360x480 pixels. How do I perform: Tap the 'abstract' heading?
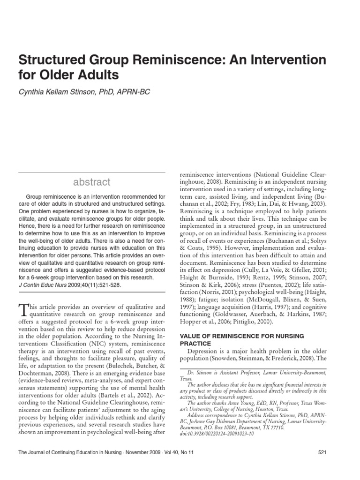91,182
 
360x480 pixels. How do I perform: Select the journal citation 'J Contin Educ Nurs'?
39,285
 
